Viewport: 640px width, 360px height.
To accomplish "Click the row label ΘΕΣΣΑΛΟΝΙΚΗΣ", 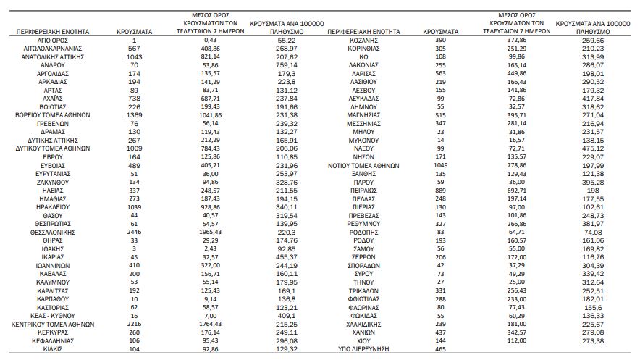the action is coord(53,233).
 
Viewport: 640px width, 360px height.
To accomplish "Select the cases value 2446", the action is coord(134,232).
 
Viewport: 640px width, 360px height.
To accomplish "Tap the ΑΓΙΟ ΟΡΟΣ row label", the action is coord(53,41).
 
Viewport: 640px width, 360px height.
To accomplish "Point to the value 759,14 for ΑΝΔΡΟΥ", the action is coord(287,65).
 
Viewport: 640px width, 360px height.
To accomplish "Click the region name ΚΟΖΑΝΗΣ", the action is coord(363,41).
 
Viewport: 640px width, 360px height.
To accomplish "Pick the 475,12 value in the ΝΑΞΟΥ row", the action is coord(593,148).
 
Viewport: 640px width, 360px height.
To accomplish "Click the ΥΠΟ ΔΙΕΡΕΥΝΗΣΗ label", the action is coord(363,349).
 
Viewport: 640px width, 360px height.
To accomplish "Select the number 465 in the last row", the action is coord(441,349).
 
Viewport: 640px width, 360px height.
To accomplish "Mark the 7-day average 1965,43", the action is coord(211,232).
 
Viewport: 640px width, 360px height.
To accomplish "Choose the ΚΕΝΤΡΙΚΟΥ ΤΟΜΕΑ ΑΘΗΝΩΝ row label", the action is coord(53,325).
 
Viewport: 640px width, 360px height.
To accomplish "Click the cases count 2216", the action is coord(134,324).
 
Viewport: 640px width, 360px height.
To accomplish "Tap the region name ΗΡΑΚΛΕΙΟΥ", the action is coord(53,207).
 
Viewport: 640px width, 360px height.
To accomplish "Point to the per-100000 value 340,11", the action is coord(287,207).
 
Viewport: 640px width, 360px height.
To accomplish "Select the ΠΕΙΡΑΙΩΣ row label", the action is coord(363,191).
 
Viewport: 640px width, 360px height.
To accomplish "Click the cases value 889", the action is coord(441,191).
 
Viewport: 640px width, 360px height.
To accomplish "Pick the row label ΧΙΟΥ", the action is coord(363,341).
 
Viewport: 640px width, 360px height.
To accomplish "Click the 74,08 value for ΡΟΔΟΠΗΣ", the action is coord(593,233).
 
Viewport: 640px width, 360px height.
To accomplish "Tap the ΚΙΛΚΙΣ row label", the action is coord(53,349).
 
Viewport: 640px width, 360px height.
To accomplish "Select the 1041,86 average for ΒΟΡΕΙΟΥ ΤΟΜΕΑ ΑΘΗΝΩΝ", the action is coord(211,115).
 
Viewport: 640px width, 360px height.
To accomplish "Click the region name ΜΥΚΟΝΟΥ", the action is coord(363,141).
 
